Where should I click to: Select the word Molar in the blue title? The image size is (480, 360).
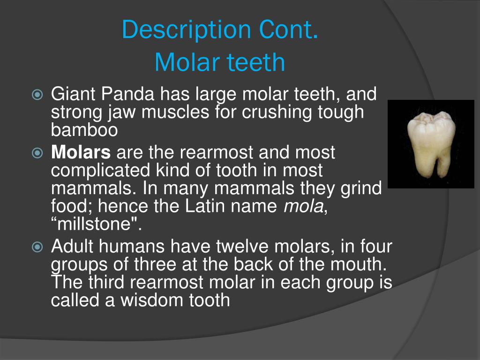(183, 62)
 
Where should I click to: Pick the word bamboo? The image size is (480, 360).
(84, 130)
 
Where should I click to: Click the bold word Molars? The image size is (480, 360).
(81, 153)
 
